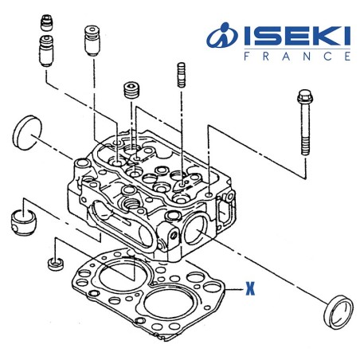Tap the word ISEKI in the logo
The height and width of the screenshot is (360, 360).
tap(294, 37)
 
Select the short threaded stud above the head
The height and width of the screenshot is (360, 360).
tap(181, 76)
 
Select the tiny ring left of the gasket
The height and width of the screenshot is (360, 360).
tap(54, 263)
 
